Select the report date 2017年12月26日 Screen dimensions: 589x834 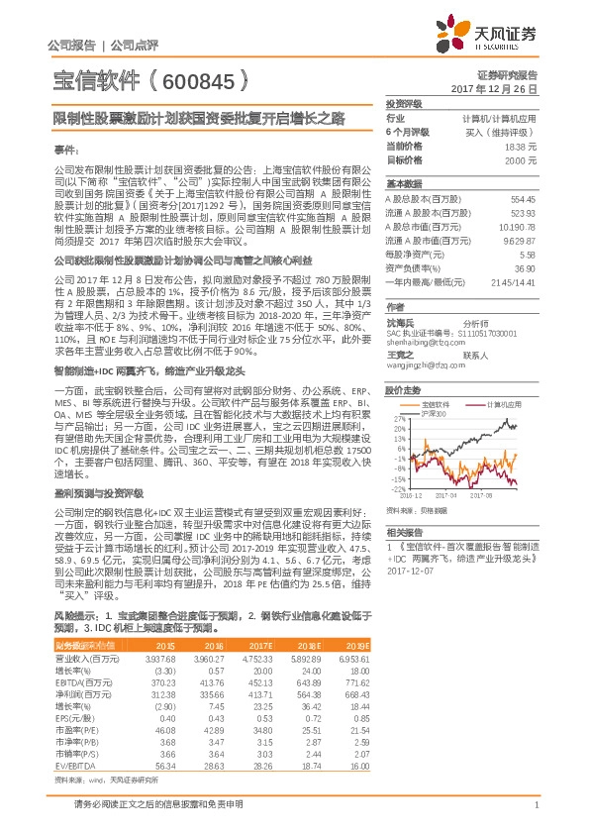[x=507, y=88]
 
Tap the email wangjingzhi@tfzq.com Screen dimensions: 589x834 [x=421, y=365]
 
